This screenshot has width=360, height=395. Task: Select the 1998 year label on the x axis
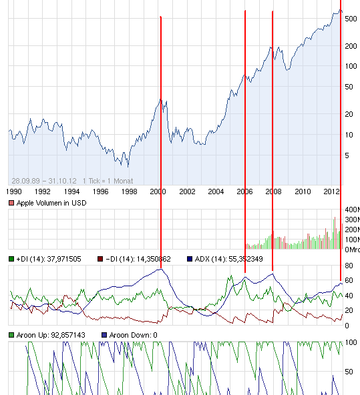click(130, 191)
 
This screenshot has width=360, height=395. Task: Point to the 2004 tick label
click(216, 191)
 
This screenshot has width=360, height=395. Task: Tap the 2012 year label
click(333, 191)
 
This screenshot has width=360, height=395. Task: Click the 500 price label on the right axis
click(351, 19)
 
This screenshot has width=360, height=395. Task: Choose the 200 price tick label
click(351, 46)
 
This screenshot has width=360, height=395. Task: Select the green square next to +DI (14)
click(11, 258)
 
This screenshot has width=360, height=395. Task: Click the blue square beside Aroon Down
click(104, 334)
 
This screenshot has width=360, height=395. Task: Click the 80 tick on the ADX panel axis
click(349, 266)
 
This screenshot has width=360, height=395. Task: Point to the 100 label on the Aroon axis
click(350, 342)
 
